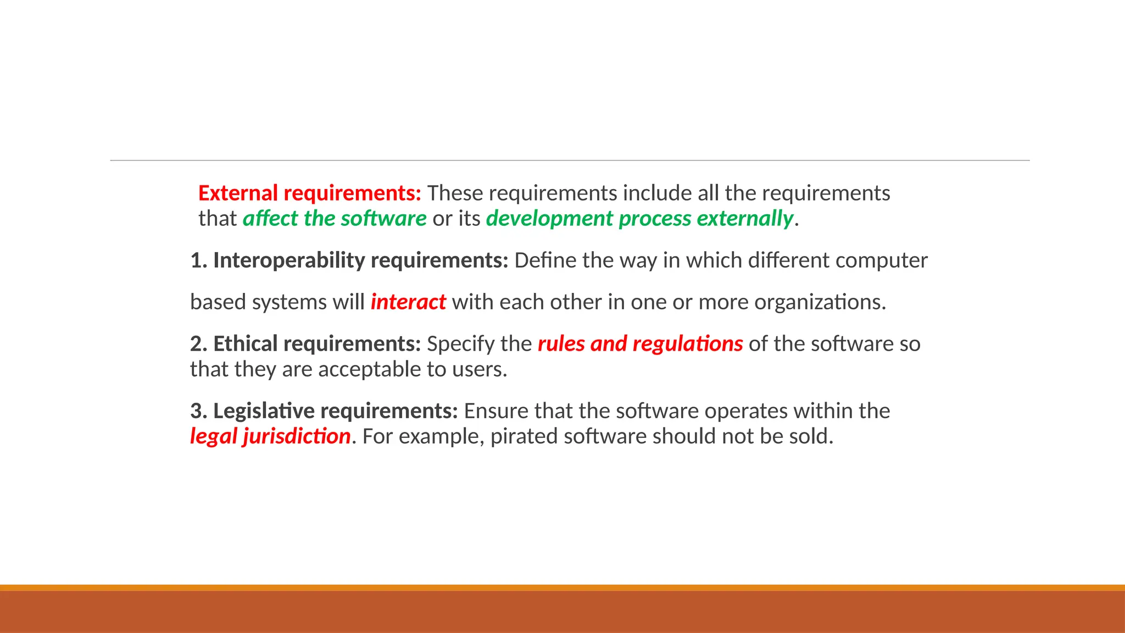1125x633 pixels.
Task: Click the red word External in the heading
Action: pyautogui.click(x=238, y=193)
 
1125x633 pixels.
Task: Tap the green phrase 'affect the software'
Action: pyautogui.click(x=335, y=219)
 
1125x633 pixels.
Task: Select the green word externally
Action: pyautogui.click(x=745, y=219)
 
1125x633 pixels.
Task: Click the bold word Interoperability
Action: pyautogui.click(x=289, y=260)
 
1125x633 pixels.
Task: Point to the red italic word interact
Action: pyautogui.click(x=408, y=302)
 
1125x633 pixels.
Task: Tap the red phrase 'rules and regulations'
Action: pyautogui.click(x=640, y=344)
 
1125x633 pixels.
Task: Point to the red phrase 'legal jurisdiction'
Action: pyautogui.click(x=270, y=436)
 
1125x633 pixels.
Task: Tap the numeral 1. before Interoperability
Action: pyautogui.click(x=198, y=260)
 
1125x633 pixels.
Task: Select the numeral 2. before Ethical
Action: pyautogui.click(x=198, y=344)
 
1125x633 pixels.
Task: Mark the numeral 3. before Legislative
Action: pyautogui.click(x=198, y=411)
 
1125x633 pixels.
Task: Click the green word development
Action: pyautogui.click(x=549, y=219)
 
